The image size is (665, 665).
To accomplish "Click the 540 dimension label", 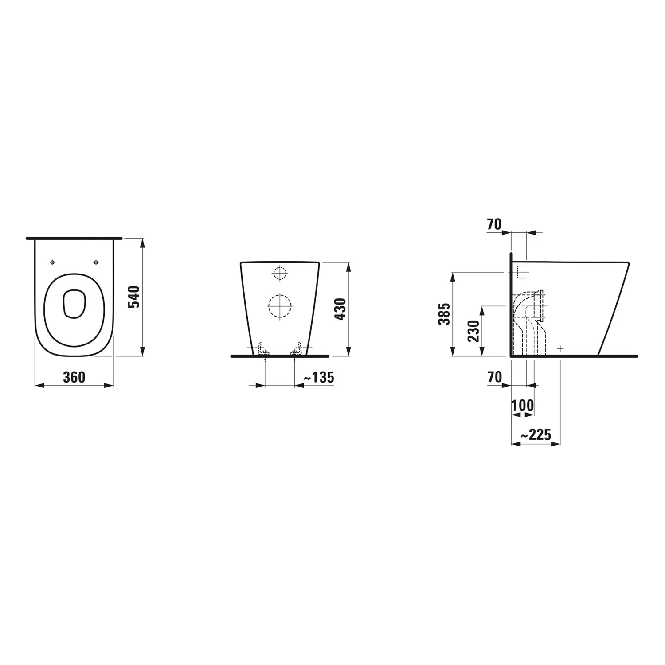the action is pos(133,297).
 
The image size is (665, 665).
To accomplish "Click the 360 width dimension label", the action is pos(74,377).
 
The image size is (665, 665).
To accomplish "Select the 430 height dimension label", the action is pos(340,309).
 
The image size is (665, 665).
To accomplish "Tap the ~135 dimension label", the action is pos(318,377).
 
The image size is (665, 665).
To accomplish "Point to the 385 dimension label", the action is pos(444,314).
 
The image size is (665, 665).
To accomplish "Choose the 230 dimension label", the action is pos(473,331).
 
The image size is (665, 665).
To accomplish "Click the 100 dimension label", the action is pos(523,405).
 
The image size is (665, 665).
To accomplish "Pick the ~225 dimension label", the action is pos(536,435).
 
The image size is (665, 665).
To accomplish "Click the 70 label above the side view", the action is pos(494,225).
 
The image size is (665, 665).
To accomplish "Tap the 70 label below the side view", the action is pos(494,377).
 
